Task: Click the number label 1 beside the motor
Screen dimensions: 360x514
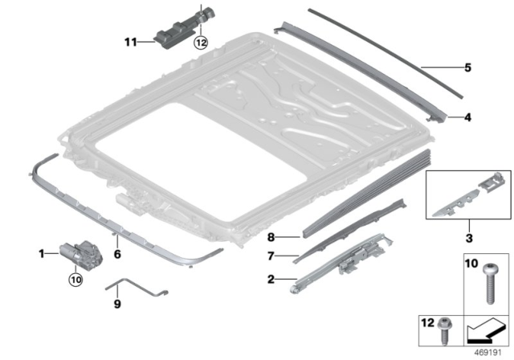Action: point(42,253)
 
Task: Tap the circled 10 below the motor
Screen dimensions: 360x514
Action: point(75,280)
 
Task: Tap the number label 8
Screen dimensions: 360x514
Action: point(272,238)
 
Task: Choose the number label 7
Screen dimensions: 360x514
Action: point(272,257)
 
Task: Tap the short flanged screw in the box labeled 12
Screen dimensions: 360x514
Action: point(444,325)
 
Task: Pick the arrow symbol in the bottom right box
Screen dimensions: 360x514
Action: point(485,327)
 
